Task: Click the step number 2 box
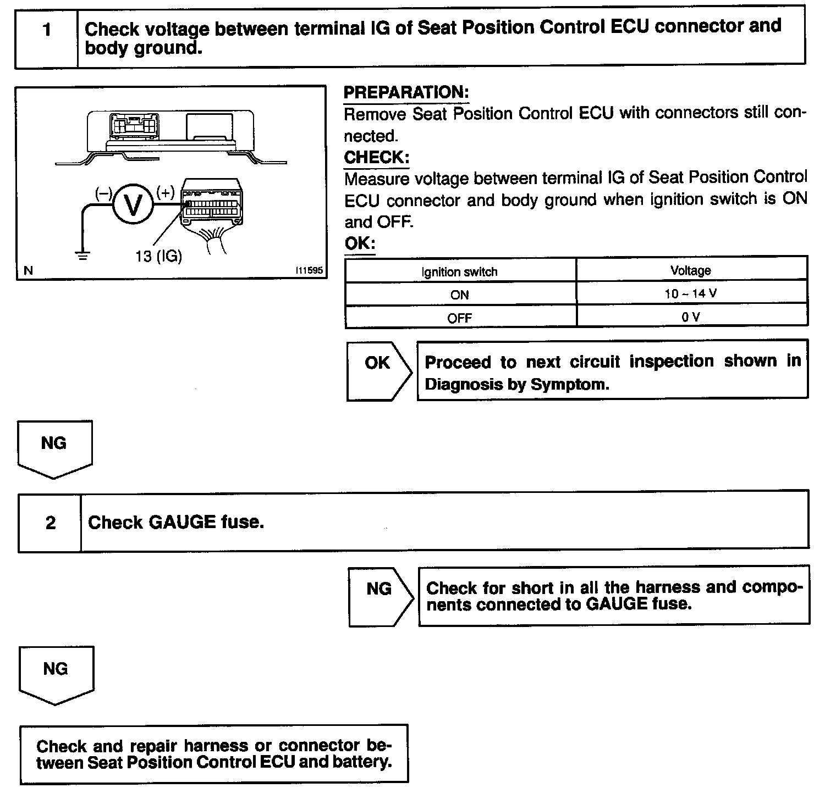click(50, 522)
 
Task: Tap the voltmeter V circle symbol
click(132, 205)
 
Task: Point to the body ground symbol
click(82, 256)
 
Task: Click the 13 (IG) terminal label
click(158, 256)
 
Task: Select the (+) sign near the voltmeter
click(165, 192)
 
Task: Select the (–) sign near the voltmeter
click(104, 193)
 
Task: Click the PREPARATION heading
click(406, 92)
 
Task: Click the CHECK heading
click(376, 158)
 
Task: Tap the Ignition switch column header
click(459, 271)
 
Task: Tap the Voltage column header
click(690, 270)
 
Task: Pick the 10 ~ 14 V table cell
click(690, 293)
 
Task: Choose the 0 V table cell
click(690, 317)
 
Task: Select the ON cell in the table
click(459, 295)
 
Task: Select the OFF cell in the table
click(459, 318)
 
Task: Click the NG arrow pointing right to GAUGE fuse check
click(380, 596)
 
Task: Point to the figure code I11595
click(309, 270)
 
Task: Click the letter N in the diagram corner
click(29, 270)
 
